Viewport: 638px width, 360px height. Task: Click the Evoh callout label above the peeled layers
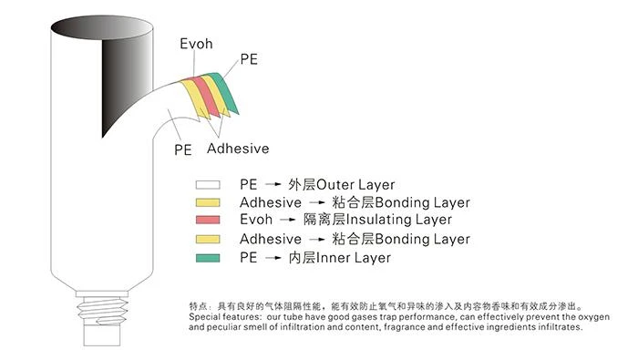point(196,44)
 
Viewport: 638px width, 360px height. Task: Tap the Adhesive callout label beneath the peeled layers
point(238,149)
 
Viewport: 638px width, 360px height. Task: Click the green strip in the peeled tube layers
point(224,93)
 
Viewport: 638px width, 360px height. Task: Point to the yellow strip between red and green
point(216,96)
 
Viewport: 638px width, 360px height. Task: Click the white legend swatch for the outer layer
point(208,185)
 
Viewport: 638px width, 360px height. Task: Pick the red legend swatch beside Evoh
point(208,220)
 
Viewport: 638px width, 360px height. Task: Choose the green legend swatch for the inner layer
point(208,258)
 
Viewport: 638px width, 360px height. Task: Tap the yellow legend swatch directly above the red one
point(208,202)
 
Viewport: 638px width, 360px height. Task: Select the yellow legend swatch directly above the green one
point(208,239)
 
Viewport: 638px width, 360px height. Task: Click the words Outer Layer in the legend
point(355,185)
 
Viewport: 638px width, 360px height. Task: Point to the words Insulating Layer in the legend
point(398,220)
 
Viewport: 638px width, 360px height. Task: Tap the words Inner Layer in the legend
point(354,258)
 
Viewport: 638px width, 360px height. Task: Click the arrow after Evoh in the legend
point(288,220)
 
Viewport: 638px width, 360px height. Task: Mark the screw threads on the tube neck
point(103,311)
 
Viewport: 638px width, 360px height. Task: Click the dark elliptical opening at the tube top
point(102,27)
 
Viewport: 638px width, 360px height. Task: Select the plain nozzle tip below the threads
point(102,335)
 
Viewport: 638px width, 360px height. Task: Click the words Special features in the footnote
point(225,317)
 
